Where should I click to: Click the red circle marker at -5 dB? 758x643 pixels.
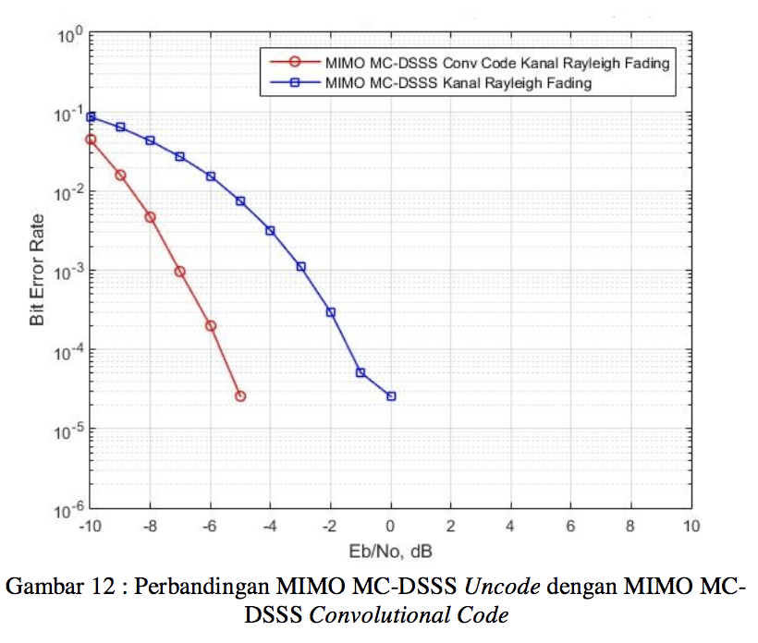tap(240, 396)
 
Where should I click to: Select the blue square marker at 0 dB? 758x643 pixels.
tap(391, 396)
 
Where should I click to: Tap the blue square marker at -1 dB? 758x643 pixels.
tap(361, 372)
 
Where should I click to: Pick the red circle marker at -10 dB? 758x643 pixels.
tap(91, 140)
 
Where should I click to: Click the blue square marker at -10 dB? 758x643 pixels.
tap(91, 117)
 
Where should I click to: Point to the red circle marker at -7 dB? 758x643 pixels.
tap(180, 272)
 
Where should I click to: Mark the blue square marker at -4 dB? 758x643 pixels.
tap(270, 230)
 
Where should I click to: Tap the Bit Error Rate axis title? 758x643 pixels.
tap(37, 271)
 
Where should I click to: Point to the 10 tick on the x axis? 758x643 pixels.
tap(691, 528)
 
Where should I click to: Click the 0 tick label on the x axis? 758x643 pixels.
tap(391, 528)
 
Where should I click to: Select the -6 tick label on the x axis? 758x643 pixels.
tap(209, 528)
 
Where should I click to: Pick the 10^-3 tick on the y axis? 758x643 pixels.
tap(70, 272)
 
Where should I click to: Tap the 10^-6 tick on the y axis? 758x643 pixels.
tap(70, 509)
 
